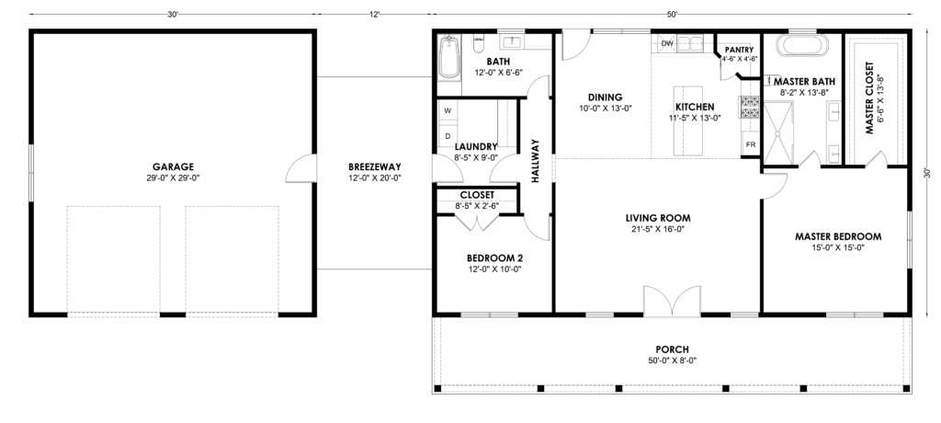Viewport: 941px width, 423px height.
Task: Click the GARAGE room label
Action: pyautogui.click(x=173, y=167)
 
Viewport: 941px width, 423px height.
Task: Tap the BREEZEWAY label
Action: pyautogui.click(x=375, y=167)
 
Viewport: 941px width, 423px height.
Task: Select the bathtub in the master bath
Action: pyautogui.click(x=802, y=46)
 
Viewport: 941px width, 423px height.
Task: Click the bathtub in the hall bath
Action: pyautogui.click(x=448, y=58)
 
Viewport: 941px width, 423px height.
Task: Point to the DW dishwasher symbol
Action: pyautogui.click(x=667, y=44)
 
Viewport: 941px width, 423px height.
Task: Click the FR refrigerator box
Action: pyautogui.click(x=751, y=144)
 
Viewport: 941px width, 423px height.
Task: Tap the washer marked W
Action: pyautogui.click(x=448, y=110)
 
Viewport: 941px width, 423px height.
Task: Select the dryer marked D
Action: pyautogui.click(x=448, y=136)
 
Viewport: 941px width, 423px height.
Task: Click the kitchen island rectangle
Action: pyautogui.click(x=687, y=131)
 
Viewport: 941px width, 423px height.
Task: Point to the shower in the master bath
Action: pyautogui.click(x=778, y=131)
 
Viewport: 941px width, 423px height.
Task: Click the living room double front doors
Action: pyautogui.click(x=672, y=301)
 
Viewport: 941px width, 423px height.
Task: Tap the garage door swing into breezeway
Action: pyautogui.click(x=301, y=169)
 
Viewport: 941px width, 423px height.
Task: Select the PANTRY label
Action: pyautogui.click(x=739, y=50)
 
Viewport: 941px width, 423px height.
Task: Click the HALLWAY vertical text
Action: pyautogui.click(x=536, y=161)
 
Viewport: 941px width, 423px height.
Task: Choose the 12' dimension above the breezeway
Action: pyautogui.click(x=375, y=15)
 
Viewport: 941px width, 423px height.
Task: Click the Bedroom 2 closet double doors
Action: pyautogui.click(x=477, y=223)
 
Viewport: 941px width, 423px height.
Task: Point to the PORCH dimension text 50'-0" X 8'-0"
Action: pyautogui.click(x=672, y=360)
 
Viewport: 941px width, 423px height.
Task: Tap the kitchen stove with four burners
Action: pyautogui.click(x=750, y=108)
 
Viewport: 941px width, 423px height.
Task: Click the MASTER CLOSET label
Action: pyautogui.click(x=869, y=98)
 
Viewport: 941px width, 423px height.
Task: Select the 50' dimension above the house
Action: pyautogui.click(x=672, y=15)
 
